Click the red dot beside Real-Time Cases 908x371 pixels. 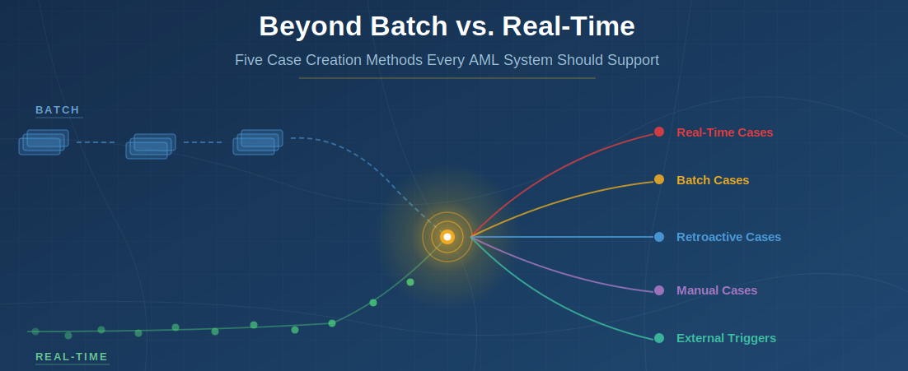coord(659,132)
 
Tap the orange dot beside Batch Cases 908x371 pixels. coord(659,179)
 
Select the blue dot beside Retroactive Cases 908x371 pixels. coord(659,237)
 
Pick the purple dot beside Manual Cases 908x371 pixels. coord(659,290)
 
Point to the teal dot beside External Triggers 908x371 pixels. coord(659,338)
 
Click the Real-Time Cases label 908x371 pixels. coord(724,132)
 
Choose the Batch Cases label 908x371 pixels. coord(713,180)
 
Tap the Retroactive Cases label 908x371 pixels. coord(728,237)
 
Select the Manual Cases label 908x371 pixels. coord(716,290)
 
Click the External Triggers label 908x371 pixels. coord(726,338)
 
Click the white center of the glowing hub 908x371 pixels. coord(447,237)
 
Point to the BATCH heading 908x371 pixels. coord(58,109)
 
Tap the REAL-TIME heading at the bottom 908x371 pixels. coord(72,357)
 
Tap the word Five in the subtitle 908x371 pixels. coord(249,60)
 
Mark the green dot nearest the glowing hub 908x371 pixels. coord(410,282)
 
